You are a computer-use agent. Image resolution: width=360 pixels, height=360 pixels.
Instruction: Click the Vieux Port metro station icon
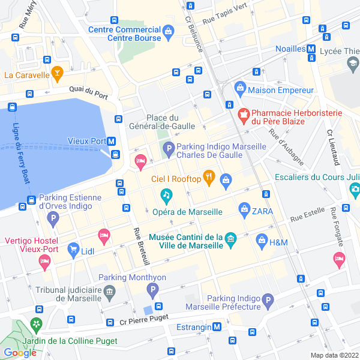pos(112,142)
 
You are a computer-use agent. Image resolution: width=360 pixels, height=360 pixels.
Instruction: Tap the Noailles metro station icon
pos(311,49)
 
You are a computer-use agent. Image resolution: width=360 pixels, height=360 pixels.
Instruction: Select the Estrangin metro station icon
pos(217,327)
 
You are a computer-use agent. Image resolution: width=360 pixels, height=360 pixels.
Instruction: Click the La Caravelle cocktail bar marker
pos(58,74)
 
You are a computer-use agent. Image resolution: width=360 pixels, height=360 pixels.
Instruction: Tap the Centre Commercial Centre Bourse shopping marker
pos(169,30)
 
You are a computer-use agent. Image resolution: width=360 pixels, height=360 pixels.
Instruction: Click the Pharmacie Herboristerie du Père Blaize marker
pos(244,113)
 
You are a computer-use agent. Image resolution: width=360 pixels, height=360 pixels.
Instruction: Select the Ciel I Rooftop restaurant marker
pos(208,176)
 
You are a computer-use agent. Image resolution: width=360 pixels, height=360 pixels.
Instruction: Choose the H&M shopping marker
pos(262,241)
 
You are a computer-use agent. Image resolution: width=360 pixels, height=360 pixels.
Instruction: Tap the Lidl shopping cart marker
pos(73,248)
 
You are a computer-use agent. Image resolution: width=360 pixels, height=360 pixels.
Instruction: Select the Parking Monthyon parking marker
pos(153,291)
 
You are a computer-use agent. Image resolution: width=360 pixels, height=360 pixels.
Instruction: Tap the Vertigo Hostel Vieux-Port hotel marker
pos(44,261)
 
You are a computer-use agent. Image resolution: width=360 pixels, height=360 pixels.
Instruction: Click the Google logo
pos(20,353)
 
